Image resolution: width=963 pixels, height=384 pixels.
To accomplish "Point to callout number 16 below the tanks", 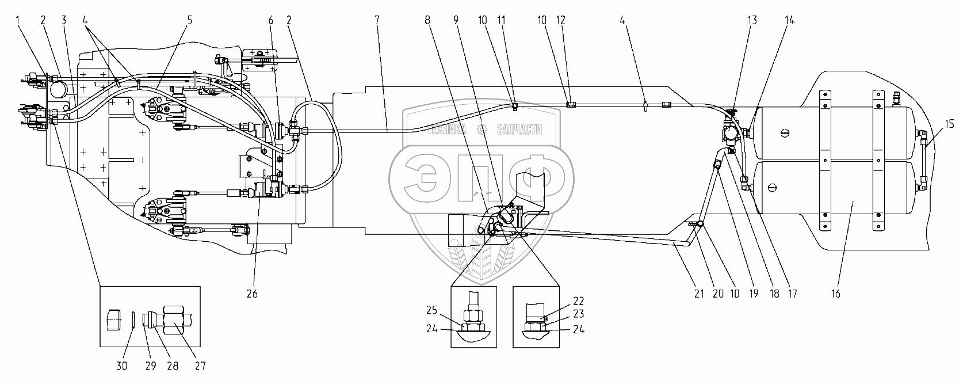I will (835, 294).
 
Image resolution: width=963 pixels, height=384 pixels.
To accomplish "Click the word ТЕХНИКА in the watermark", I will (447, 130).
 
